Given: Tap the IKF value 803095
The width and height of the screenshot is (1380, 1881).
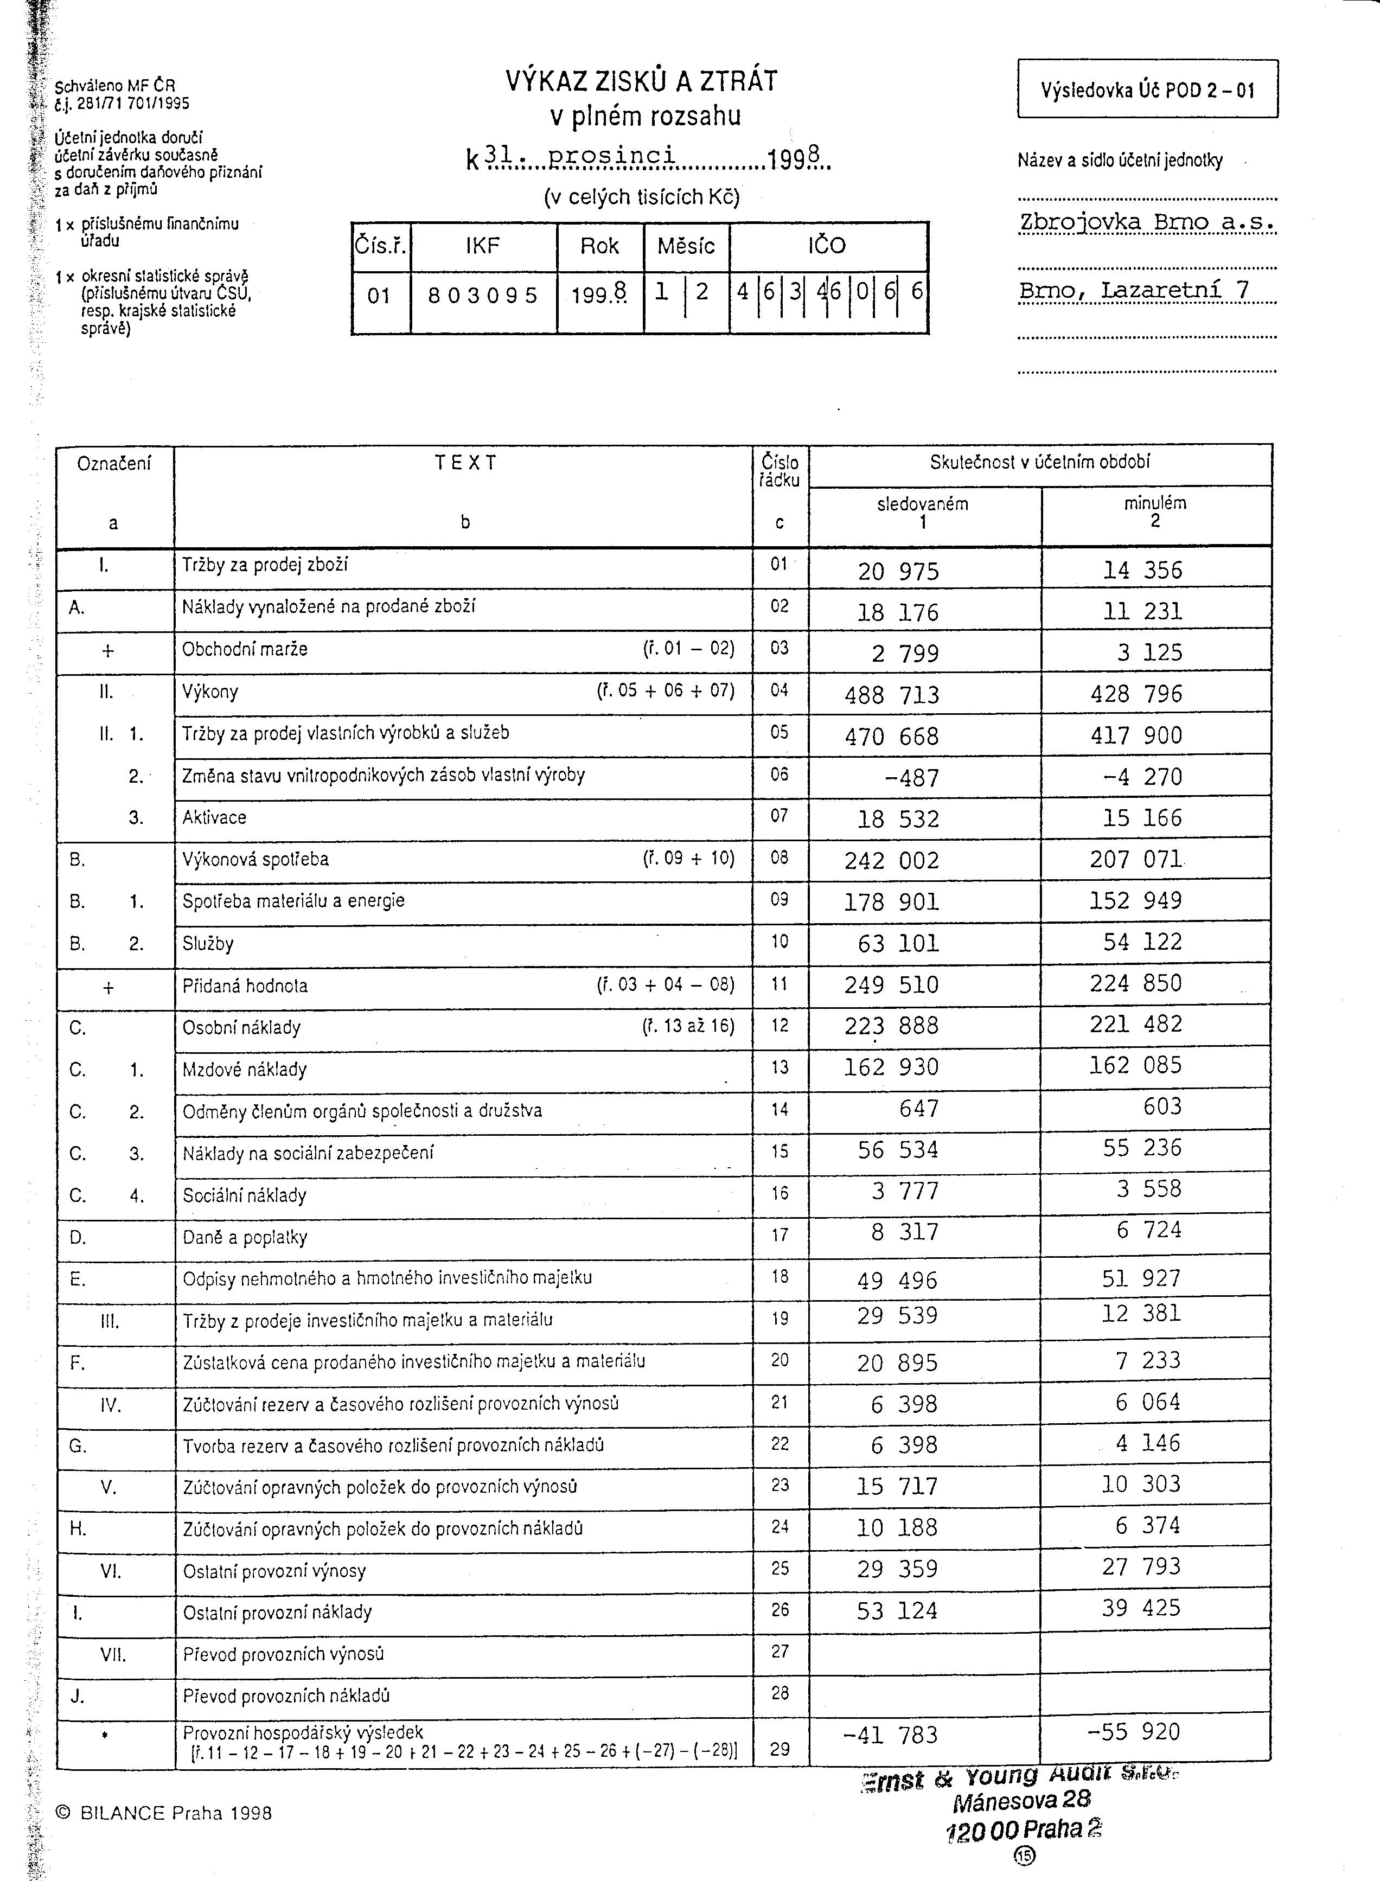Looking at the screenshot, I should click(x=483, y=296).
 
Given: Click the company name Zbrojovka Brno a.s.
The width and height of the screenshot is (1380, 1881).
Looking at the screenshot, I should click(x=1146, y=222).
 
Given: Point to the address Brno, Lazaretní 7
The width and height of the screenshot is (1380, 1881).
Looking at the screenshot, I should click(x=1134, y=290).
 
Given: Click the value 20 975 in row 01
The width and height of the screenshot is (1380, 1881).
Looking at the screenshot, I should click(x=898, y=571).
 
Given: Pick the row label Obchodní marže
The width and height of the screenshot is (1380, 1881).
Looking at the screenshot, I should click(x=245, y=649).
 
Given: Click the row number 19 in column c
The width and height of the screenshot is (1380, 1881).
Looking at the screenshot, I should click(x=780, y=1319).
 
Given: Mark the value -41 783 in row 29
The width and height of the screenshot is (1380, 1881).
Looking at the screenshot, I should click(x=891, y=1735).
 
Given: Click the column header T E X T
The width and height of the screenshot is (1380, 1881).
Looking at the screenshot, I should click(x=465, y=463).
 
